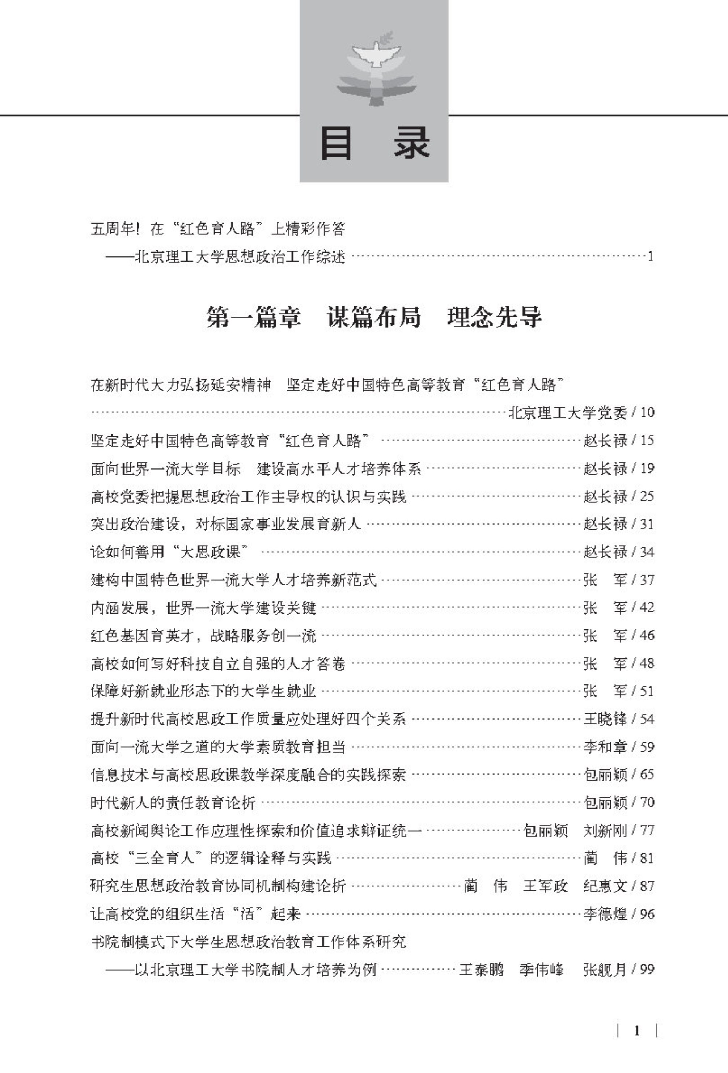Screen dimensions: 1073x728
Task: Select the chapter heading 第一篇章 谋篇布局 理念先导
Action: click(x=374, y=318)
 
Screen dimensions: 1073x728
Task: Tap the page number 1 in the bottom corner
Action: click(x=637, y=1031)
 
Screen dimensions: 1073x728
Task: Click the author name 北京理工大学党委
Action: click(x=568, y=412)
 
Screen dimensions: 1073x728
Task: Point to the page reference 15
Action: click(x=647, y=441)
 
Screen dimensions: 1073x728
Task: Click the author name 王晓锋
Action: click(x=605, y=719)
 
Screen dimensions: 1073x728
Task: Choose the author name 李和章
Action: click(x=605, y=747)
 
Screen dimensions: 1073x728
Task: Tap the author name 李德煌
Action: click(x=605, y=914)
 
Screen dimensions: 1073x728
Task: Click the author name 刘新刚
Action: click(x=605, y=831)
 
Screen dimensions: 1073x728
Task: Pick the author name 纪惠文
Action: click(x=605, y=886)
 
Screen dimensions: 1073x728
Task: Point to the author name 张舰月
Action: click(x=605, y=970)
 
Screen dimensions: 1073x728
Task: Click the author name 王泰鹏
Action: click(x=481, y=970)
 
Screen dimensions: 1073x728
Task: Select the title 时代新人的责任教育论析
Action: click(x=173, y=802)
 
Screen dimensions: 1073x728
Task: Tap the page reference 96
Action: click(x=647, y=914)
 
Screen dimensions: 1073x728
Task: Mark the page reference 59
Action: click(x=647, y=747)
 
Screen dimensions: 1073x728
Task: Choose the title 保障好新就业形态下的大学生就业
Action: click(x=203, y=691)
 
